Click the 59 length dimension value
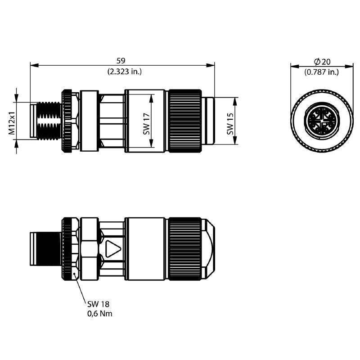121,60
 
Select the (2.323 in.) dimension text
121,71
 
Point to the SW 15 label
230,123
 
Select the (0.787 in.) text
321,72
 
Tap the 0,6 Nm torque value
100,314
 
